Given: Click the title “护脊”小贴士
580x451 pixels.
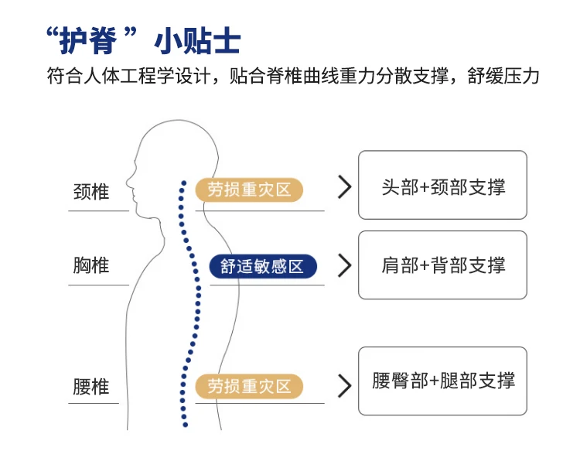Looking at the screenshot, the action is [144, 40].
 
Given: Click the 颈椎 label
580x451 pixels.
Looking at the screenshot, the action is [91, 192].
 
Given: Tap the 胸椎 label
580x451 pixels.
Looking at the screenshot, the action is [91, 265].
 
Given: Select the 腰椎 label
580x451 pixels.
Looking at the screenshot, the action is [91, 387].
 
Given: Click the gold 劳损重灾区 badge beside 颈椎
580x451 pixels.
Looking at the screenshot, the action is [249, 190].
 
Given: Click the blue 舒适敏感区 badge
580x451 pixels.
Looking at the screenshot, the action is [263, 266].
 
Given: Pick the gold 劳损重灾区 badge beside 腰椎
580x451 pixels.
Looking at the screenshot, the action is [249, 386].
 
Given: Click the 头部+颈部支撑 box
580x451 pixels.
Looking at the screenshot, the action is [442, 185].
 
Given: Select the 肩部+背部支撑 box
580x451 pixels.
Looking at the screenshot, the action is [442, 265].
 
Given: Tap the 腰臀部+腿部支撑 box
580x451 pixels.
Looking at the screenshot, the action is [442, 381].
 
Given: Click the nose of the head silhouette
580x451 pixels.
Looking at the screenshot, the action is [128, 182].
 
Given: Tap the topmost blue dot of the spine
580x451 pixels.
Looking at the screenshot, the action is [184, 183].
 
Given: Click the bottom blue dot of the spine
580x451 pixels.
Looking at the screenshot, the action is [186, 425].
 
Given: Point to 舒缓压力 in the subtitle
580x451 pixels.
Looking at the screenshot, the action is [503, 76].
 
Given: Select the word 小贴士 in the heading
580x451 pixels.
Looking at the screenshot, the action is [197, 41].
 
